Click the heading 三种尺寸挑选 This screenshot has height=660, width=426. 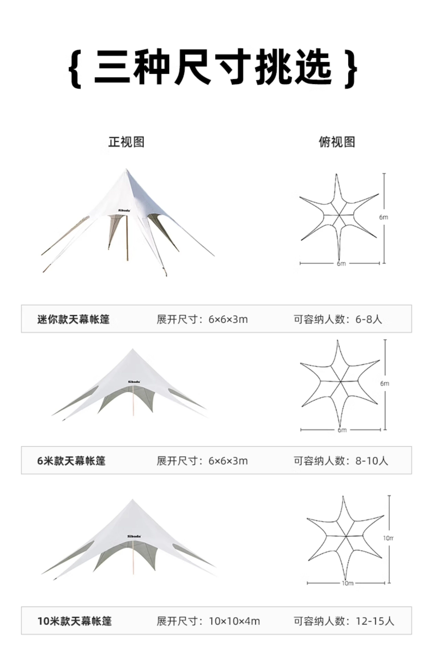(213, 68)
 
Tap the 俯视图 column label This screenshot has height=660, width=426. (337, 142)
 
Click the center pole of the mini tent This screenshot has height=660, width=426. (127, 238)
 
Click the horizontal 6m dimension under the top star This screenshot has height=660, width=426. (341, 263)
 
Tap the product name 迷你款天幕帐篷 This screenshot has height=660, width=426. (74, 319)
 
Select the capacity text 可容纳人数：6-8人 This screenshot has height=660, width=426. (338, 319)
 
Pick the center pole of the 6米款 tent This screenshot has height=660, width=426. (133, 401)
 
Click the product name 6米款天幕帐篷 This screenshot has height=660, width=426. (71, 461)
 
